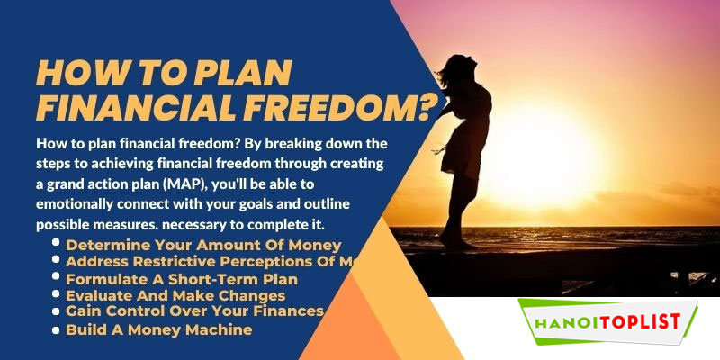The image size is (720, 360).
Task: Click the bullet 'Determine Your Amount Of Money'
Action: pos(202,245)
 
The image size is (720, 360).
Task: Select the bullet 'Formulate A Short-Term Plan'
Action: pos(181,279)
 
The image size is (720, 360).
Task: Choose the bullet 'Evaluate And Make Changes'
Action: pos(175,295)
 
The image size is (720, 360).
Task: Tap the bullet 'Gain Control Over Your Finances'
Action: pos(193,311)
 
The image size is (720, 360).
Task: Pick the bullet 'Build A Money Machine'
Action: pos(158,329)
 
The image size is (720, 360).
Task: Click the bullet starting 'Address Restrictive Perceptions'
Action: pos(211,262)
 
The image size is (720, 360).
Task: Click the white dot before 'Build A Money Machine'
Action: pos(57,329)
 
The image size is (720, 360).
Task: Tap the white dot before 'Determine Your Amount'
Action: pos(57,244)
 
